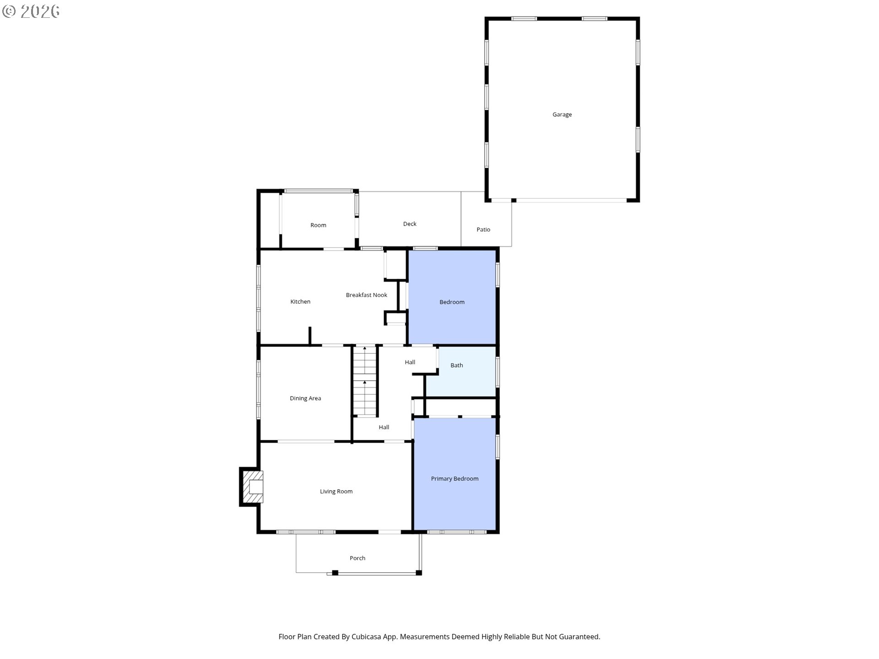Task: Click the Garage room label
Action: point(562,114)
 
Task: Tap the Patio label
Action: point(483,229)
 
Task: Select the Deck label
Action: point(410,224)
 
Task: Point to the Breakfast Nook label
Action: point(366,295)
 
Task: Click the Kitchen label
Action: point(300,302)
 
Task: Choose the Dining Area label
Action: point(305,398)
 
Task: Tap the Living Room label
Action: point(336,492)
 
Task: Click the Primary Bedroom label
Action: point(455,479)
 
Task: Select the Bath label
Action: point(456,365)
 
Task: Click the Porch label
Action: point(358,558)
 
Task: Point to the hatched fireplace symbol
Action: point(253,487)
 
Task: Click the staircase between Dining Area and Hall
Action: point(365,381)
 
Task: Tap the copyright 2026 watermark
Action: point(31,11)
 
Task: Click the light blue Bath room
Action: point(461,372)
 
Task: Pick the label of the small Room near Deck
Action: point(318,225)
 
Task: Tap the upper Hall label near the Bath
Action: point(410,362)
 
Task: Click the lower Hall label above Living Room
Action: point(384,427)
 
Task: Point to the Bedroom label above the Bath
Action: point(452,302)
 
